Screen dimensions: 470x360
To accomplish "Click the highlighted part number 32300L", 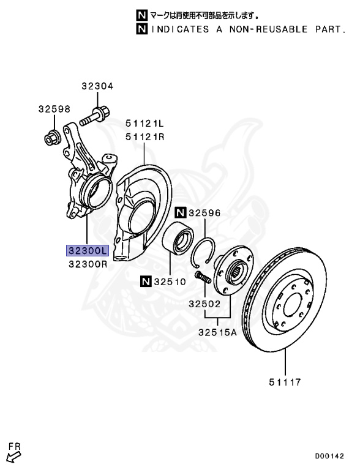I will tap(88, 251).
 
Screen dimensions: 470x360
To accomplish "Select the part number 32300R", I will tap(88, 264).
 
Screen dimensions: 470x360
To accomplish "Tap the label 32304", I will tap(97, 87).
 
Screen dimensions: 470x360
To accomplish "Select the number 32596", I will tap(205, 214).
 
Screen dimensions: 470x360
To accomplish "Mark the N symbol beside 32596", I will tap(180, 214).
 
